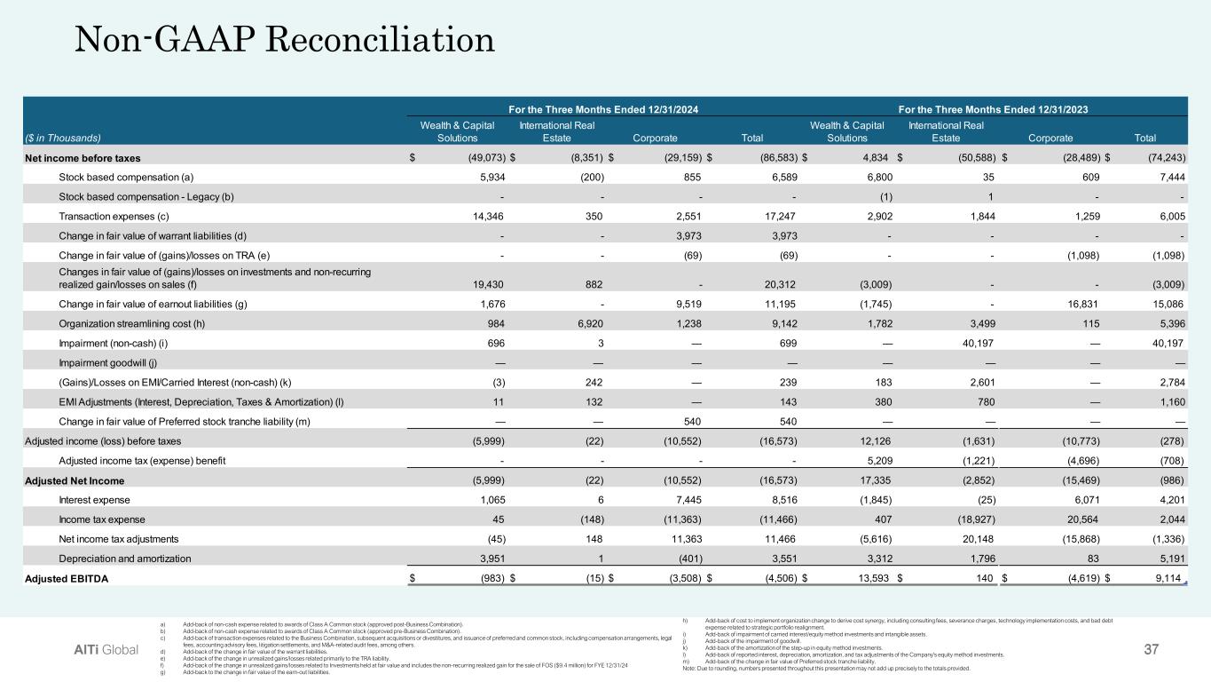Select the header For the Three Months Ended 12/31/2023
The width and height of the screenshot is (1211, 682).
click(x=993, y=108)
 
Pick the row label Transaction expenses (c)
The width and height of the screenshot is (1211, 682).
click(x=108, y=216)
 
